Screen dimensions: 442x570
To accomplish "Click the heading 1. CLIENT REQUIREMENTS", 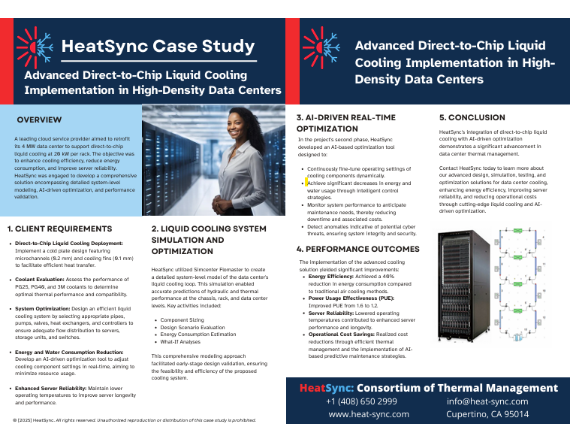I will [59, 229].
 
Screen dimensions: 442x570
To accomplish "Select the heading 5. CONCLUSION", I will [472, 117].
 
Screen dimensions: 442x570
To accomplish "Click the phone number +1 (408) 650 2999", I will [361, 401].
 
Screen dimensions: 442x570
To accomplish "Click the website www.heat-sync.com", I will [369, 414].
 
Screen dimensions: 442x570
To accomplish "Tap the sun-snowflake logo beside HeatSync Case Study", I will [34, 45].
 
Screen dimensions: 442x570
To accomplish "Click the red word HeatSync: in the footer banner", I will [326, 388].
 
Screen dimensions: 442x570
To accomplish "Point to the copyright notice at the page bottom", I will [134, 420].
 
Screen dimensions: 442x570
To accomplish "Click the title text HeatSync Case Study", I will [158, 46].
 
